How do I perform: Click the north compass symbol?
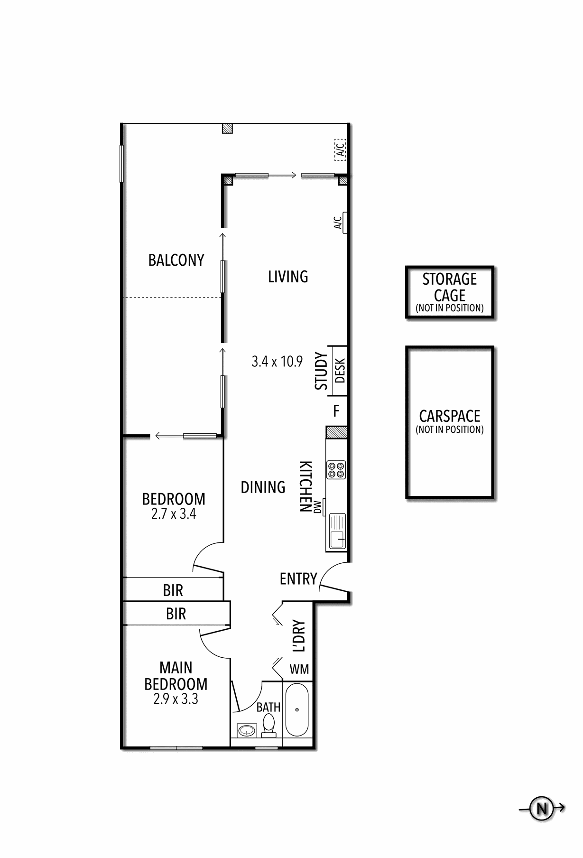pyautogui.click(x=542, y=808)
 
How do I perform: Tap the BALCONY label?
pyautogui.click(x=176, y=260)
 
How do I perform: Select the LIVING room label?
pyautogui.click(x=288, y=276)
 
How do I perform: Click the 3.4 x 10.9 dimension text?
pyautogui.click(x=277, y=362)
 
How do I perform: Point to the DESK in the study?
pyautogui.click(x=340, y=371)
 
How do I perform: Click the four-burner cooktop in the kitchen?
pyautogui.click(x=336, y=470)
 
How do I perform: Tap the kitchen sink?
pyautogui.click(x=337, y=532)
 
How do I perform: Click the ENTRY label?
pyautogui.click(x=298, y=579)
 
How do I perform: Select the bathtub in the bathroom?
pyautogui.click(x=297, y=710)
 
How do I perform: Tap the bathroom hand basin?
pyautogui.click(x=246, y=730)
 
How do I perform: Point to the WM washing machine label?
pyautogui.click(x=299, y=669)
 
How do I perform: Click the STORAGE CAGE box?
pyautogui.click(x=450, y=292)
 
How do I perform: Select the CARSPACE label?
pyautogui.click(x=450, y=416)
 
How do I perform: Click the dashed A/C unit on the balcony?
pyautogui.click(x=340, y=149)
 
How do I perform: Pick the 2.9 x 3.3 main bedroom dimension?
pyautogui.click(x=176, y=699)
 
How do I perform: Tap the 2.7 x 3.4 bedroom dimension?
pyautogui.click(x=174, y=514)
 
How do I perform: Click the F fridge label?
pyautogui.click(x=336, y=410)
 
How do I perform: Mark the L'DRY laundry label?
pyautogui.click(x=298, y=635)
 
